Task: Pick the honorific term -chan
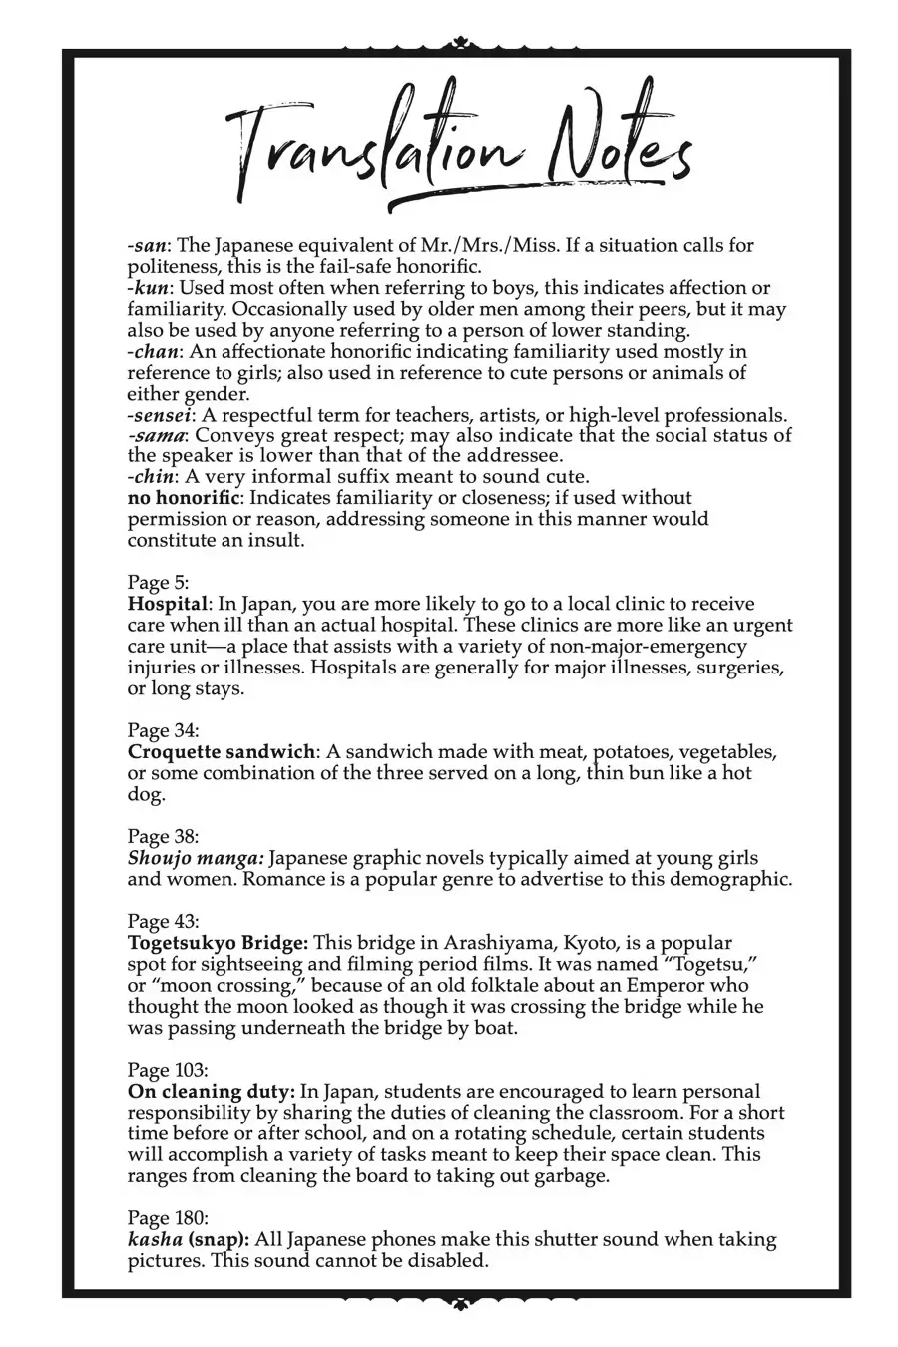point(153,352)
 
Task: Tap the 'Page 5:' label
point(158,582)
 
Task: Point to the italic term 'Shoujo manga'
point(195,858)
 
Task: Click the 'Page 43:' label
point(163,921)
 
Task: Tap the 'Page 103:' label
point(168,1070)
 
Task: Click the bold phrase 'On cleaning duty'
point(210,1092)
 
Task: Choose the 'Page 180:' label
point(168,1217)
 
